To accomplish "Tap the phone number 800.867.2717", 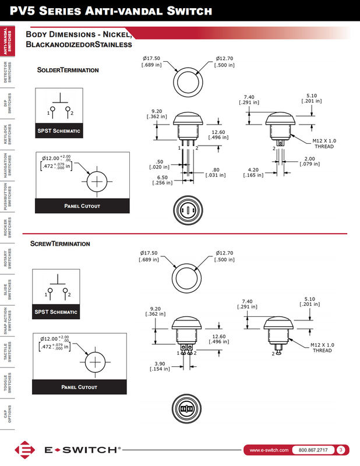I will click(313, 450).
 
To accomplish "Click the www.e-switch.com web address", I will click(269, 450).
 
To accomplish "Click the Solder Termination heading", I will click(68, 70).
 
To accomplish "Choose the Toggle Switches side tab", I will click(8, 383).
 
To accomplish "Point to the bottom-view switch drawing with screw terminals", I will click(188, 409).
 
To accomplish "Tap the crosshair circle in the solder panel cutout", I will click(97, 182).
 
